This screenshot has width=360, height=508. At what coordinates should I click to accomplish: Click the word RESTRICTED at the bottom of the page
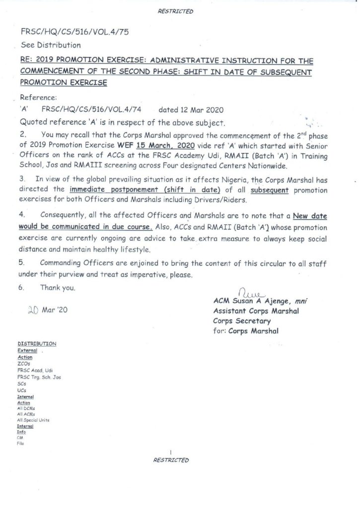pyautogui.click(x=171, y=460)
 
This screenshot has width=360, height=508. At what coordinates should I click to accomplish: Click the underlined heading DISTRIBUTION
pyautogui.click(x=36, y=343)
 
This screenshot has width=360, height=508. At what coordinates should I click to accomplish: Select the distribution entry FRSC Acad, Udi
pyautogui.click(x=31, y=370)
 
